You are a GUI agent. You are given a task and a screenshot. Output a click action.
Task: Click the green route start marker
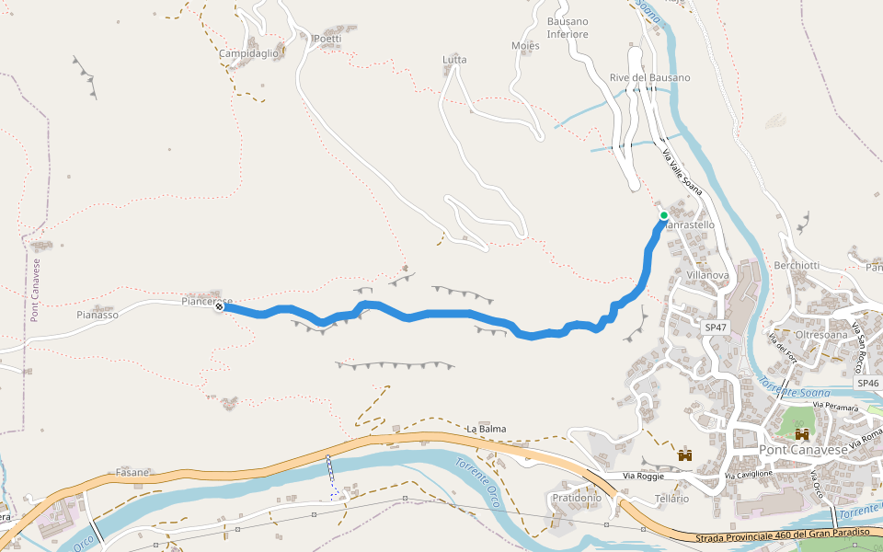click(x=663, y=216)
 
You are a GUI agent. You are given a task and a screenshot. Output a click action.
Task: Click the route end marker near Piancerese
click(x=220, y=307)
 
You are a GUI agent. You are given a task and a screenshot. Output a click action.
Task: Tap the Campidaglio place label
click(x=248, y=53)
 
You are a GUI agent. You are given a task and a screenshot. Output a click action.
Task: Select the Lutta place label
click(x=454, y=60)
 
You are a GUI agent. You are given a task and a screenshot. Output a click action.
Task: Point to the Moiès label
click(x=524, y=46)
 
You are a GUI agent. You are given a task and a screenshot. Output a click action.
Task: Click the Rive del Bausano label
click(x=649, y=77)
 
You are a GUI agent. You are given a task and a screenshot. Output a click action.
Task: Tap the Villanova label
click(x=707, y=275)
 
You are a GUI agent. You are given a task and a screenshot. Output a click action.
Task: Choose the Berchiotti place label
click(x=797, y=265)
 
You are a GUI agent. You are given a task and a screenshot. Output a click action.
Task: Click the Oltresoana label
click(x=821, y=335)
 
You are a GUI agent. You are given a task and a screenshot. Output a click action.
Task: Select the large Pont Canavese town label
click(x=805, y=450)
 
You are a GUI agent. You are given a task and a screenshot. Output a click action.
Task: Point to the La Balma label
click(x=486, y=429)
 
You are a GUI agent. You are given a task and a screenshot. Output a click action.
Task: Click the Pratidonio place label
click(x=576, y=498)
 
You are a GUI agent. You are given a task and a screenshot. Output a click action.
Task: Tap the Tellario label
click(x=671, y=499)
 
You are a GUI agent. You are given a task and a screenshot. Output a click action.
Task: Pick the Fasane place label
click(x=132, y=472)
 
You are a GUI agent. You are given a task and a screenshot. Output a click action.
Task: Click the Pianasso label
click(x=97, y=315)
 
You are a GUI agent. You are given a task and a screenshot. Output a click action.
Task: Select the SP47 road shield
click(x=716, y=327)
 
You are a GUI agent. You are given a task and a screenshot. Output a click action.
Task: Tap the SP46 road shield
click(x=867, y=383)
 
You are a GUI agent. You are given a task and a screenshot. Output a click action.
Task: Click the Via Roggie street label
click(x=643, y=476)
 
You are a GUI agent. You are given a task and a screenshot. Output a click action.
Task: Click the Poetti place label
click(x=327, y=39)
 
